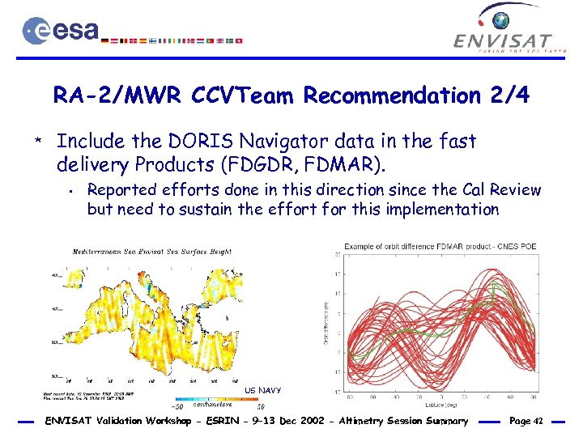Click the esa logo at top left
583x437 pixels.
pos(61,32)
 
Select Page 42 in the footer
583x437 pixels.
pos(527,421)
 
